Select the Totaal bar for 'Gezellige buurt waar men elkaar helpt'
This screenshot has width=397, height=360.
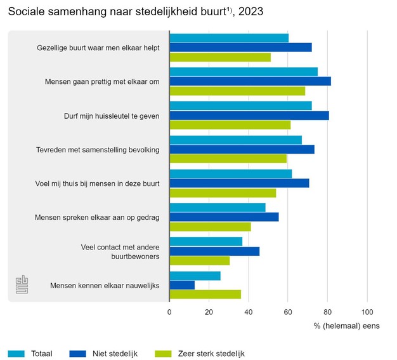click(x=229, y=38)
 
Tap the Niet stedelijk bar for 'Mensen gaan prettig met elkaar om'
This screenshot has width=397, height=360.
click(x=250, y=81)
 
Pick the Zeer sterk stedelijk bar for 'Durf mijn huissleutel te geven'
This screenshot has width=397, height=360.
click(x=230, y=125)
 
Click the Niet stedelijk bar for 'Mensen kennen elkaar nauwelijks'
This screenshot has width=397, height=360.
click(x=182, y=285)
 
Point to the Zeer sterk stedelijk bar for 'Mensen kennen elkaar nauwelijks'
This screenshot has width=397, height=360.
click(x=205, y=295)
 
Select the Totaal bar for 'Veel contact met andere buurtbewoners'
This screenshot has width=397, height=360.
click(x=205, y=241)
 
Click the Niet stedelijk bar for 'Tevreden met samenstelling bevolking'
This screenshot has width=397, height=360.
click(x=242, y=149)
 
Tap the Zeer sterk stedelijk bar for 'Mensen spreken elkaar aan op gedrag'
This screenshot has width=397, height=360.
click(x=210, y=227)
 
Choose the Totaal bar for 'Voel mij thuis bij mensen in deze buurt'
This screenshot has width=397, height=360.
click(x=230, y=174)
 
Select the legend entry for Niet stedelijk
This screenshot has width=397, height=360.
click(x=108, y=354)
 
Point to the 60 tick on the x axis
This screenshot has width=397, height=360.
click(x=288, y=312)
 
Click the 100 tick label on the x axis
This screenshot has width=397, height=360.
click(x=367, y=312)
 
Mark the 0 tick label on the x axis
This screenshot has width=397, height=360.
click(x=169, y=312)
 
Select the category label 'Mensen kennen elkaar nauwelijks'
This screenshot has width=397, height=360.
click(x=105, y=286)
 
